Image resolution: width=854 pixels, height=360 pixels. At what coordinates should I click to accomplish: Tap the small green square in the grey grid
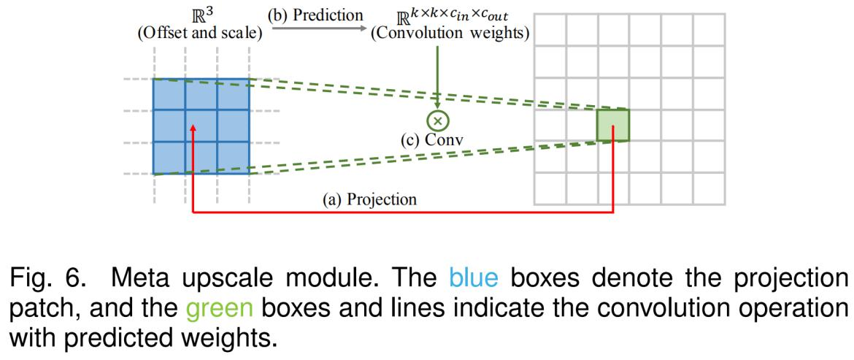pos(612,125)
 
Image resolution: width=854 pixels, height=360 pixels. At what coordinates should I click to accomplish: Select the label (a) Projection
pos(372,199)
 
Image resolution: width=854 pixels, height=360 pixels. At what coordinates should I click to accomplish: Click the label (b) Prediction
pos(316,14)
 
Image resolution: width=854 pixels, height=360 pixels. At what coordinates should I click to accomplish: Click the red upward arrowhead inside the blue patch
pos(192,129)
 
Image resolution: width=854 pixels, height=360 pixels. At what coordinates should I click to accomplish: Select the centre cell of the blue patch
pos(200,126)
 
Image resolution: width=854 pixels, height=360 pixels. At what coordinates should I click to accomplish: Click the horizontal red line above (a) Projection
pos(401,212)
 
